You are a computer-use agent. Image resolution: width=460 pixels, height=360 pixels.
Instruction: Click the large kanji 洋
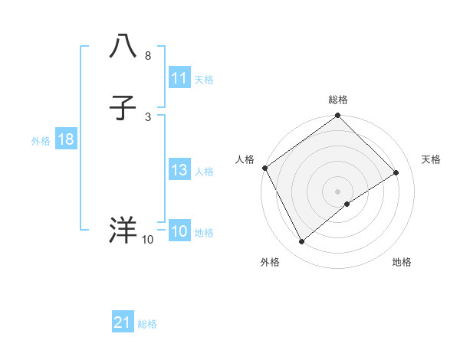(123, 230)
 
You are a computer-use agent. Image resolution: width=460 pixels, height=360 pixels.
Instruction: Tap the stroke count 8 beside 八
(147, 57)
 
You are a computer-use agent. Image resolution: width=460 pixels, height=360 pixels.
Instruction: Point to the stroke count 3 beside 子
(147, 116)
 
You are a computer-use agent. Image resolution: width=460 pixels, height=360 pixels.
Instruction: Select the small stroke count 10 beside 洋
(147, 241)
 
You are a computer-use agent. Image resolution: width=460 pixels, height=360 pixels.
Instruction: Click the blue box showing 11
(179, 78)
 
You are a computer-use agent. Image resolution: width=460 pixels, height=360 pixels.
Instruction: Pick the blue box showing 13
(179, 171)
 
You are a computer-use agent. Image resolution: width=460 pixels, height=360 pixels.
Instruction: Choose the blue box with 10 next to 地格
(179, 232)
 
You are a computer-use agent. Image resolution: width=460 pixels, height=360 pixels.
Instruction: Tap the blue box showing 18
(65, 140)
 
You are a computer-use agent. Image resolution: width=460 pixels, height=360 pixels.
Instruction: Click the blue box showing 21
(123, 323)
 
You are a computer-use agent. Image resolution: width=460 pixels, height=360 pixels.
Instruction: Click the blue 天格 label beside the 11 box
(204, 80)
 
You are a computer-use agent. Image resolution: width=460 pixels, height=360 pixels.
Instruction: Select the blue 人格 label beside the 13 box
(204, 172)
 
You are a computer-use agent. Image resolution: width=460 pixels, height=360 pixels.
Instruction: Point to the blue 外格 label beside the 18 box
(40, 141)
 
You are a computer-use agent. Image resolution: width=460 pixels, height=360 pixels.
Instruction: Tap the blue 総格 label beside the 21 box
(147, 324)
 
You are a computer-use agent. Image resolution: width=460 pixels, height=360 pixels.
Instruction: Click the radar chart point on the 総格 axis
(337, 116)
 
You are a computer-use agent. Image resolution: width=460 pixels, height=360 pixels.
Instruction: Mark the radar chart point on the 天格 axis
(396, 173)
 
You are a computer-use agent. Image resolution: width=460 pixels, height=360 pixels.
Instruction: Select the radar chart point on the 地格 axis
(347, 204)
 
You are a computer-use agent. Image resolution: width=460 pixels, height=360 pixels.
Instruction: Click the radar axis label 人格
(245, 159)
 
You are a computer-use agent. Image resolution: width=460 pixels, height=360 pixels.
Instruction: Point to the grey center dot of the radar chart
(337, 191)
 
